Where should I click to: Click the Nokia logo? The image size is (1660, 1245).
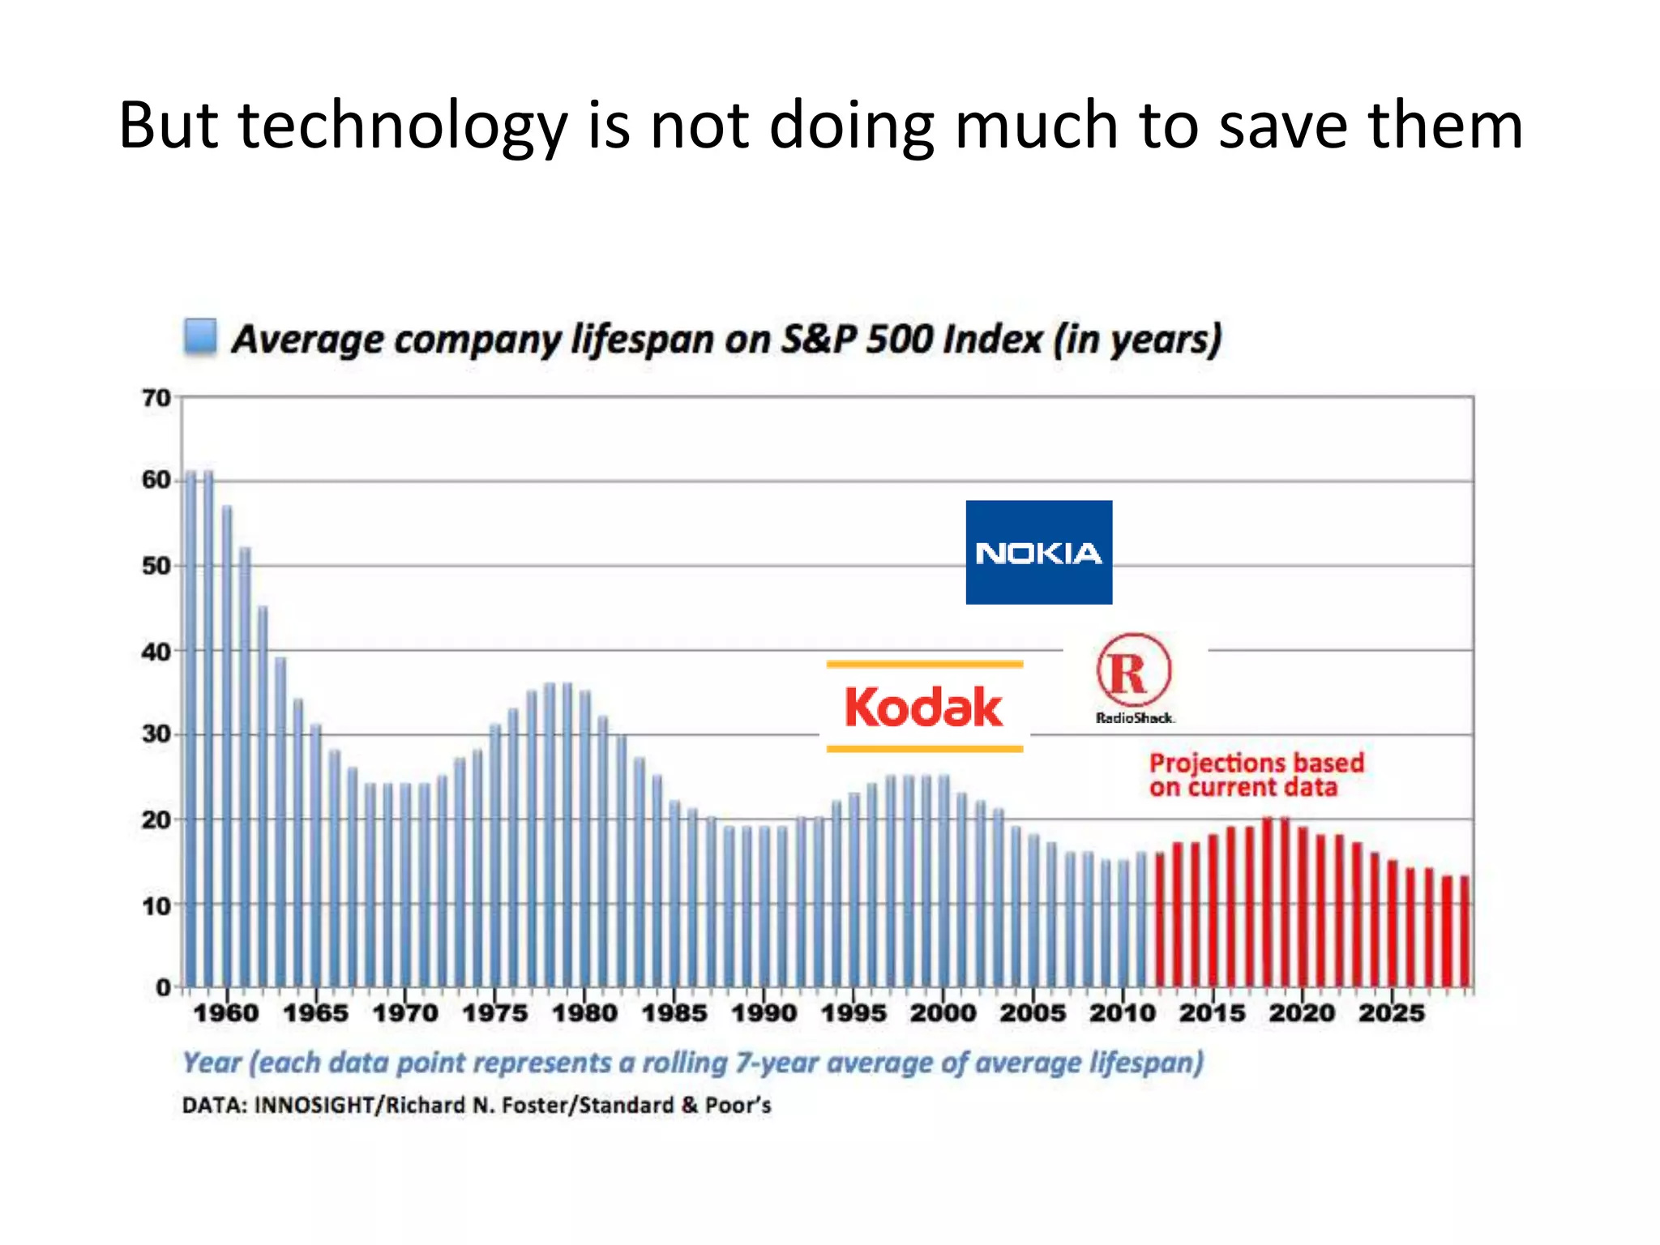[1038, 552]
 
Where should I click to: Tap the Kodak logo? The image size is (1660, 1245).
[924, 707]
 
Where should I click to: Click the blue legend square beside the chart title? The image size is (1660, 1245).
[199, 336]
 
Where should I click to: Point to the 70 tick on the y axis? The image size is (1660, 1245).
[156, 398]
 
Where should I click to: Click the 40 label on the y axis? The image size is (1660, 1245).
[156, 652]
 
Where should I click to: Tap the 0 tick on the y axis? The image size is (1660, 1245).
[163, 987]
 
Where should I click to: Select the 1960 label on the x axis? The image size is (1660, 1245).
[226, 1013]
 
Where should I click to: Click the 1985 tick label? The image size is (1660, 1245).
[674, 1013]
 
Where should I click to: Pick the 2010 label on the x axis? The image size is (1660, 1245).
[1122, 1013]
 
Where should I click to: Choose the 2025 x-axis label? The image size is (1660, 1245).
[1391, 1013]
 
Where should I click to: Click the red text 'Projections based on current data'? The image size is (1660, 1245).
[1256, 775]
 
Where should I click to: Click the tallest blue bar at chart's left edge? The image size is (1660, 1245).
[191, 729]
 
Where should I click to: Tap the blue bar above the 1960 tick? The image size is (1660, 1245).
[227, 746]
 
